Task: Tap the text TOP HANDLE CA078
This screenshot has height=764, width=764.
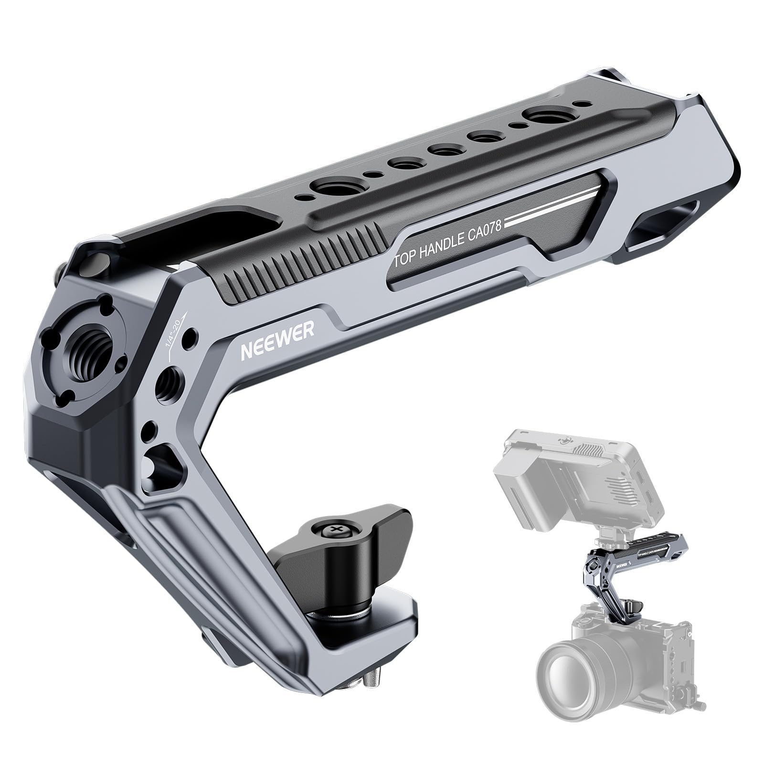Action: pyautogui.click(x=446, y=245)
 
